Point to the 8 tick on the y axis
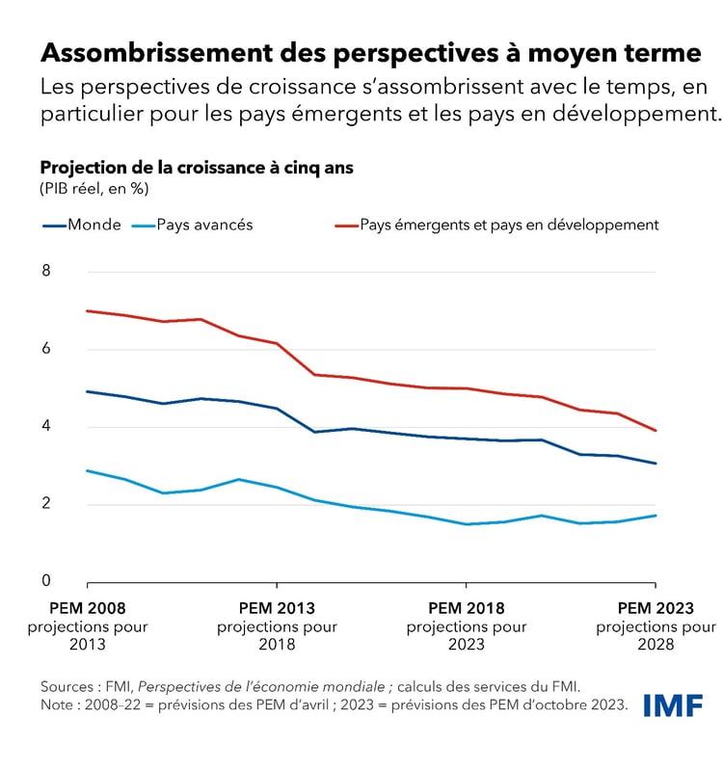tap(46, 271)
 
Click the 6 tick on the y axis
tap(46, 349)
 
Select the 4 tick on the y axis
tap(46, 427)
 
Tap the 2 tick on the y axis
tap(46, 504)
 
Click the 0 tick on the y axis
tap(46, 581)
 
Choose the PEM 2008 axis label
tap(88, 608)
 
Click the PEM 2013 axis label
tap(277, 608)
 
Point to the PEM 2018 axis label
tap(467, 608)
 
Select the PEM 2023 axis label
tap(656, 608)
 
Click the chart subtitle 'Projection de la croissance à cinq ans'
tap(197, 167)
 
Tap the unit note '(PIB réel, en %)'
tap(94, 188)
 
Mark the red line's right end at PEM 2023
tap(656, 431)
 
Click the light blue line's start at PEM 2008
tap(88, 470)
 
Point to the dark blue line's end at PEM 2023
tap(656, 464)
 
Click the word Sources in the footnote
tap(69, 686)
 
